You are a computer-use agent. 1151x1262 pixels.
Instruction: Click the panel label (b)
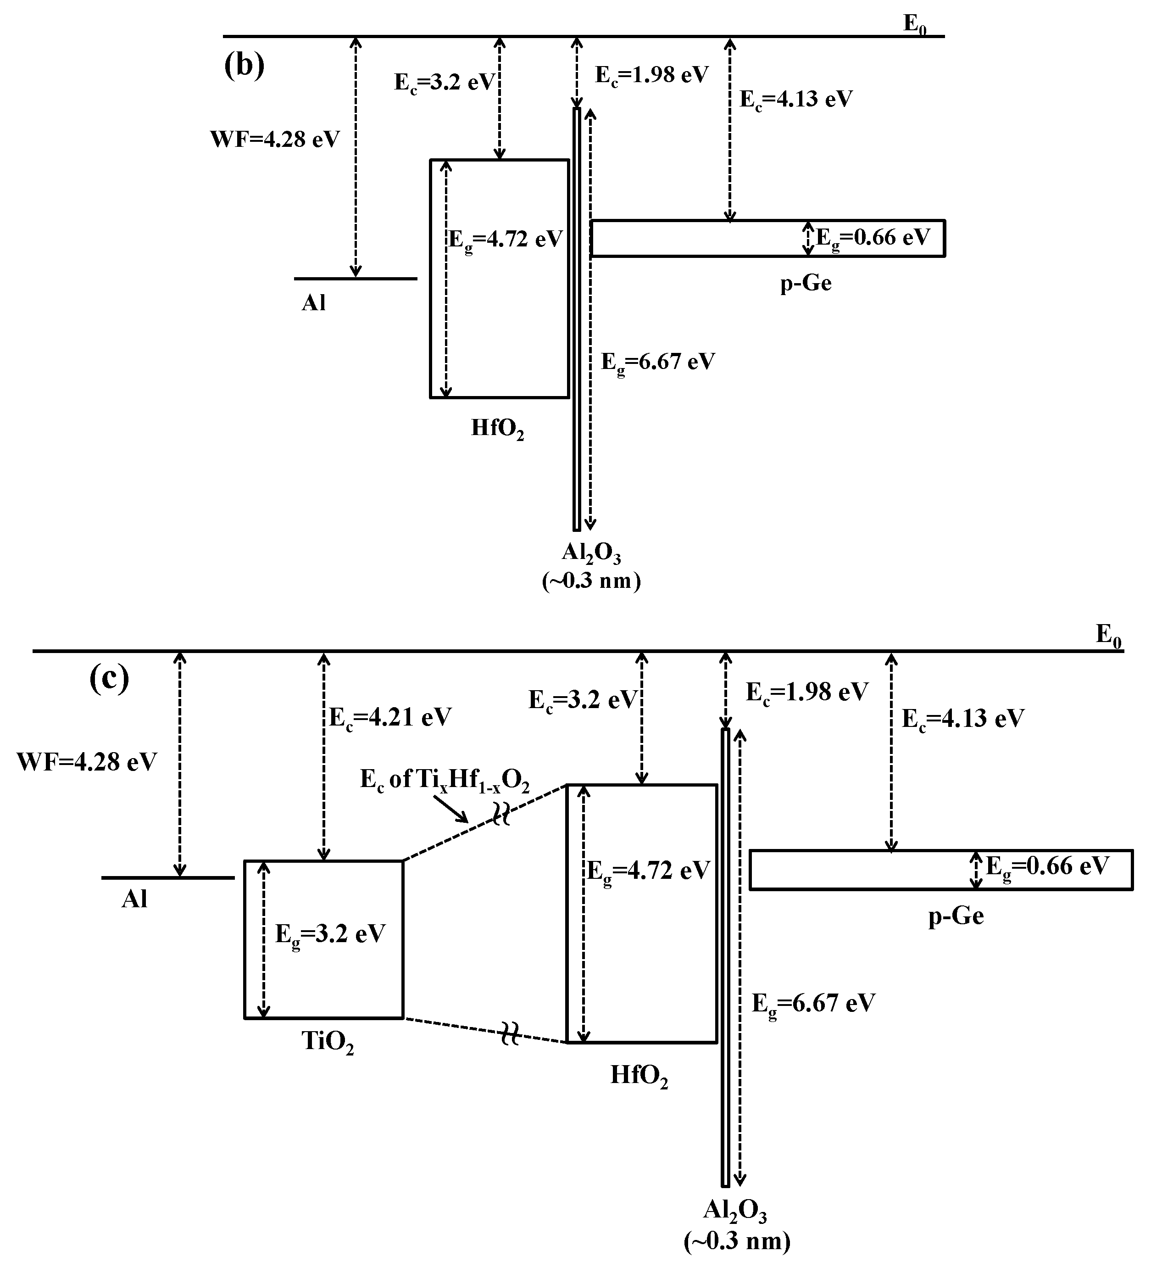[x=244, y=66]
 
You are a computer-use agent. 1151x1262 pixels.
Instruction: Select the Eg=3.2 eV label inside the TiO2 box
[x=330, y=935]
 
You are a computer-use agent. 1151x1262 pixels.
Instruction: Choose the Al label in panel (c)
[x=134, y=899]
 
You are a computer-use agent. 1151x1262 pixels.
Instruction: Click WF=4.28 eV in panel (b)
[x=275, y=139]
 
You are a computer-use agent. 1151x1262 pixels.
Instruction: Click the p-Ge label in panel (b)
[x=806, y=284]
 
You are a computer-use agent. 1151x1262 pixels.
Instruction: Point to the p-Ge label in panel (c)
[x=956, y=916]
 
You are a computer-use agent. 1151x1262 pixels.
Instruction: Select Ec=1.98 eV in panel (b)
[x=651, y=76]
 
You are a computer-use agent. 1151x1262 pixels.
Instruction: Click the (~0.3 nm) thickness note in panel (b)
[x=591, y=581]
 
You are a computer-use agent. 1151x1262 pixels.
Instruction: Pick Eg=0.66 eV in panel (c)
[x=1047, y=867]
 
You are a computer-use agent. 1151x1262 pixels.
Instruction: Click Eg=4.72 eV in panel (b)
[x=506, y=240]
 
